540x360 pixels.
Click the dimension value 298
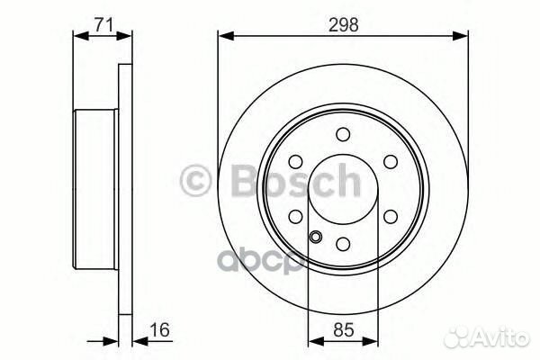pos(343,25)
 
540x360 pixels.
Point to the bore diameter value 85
pos(343,330)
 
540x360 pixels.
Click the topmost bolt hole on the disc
pos(343,134)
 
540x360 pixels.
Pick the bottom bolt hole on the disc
pos(343,243)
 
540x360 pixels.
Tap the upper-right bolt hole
pos(390,161)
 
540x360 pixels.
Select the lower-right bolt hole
pos(390,216)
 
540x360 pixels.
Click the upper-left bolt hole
pos(296,161)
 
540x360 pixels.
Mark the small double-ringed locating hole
pos(316,238)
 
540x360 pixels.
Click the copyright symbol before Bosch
pos(196,182)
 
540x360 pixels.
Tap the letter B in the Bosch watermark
pos(231,182)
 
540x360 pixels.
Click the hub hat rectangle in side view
pos(95,189)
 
